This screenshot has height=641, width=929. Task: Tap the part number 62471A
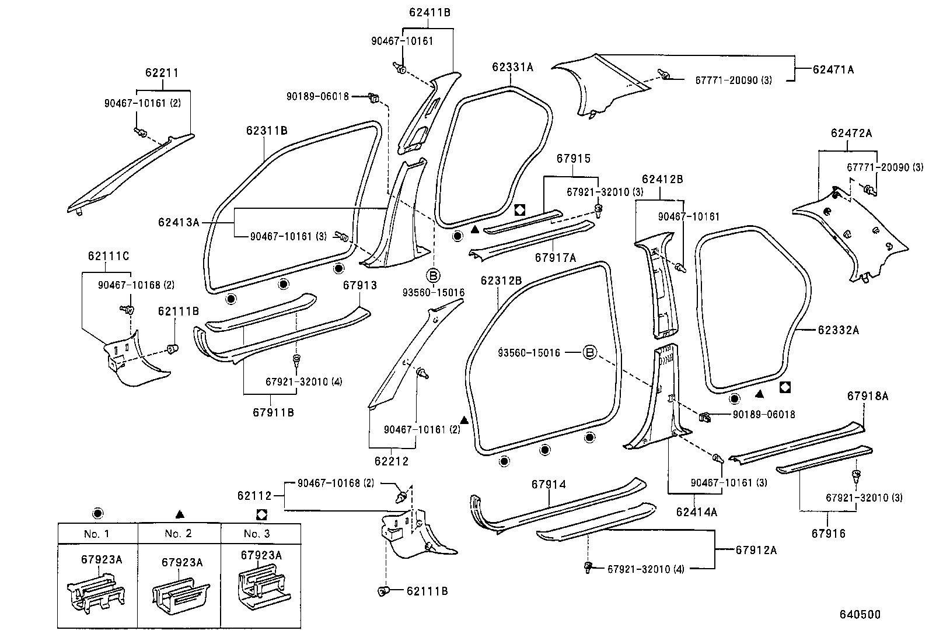click(833, 69)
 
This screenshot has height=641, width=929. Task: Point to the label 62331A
click(512, 67)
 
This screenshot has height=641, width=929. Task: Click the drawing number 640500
click(860, 614)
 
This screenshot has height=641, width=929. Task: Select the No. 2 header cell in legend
click(179, 533)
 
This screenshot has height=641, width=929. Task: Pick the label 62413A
click(178, 222)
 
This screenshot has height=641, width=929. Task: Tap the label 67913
click(359, 285)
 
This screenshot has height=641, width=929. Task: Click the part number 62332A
click(838, 330)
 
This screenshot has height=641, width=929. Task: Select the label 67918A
click(867, 396)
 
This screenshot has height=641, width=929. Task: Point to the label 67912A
click(756, 550)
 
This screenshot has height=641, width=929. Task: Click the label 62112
click(254, 496)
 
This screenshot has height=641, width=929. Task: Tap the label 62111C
click(109, 255)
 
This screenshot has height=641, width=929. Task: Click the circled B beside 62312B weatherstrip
click(590, 352)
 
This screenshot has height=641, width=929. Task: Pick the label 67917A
click(555, 257)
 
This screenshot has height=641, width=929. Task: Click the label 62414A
click(696, 512)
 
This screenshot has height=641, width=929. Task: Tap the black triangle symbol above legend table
click(180, 514)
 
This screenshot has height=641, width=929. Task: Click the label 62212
click(392, 461)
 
